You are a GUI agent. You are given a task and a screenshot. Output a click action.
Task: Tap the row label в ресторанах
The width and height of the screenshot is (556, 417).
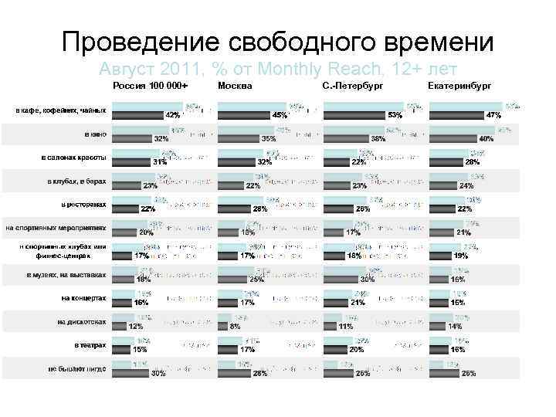[83, 205]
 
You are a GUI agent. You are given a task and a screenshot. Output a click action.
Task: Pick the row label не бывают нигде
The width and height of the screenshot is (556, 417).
[76, 368]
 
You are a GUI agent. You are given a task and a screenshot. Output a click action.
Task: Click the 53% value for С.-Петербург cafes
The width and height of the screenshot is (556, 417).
[395, 115]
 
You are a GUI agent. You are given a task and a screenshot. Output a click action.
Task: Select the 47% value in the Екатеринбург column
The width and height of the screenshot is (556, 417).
[493, 115]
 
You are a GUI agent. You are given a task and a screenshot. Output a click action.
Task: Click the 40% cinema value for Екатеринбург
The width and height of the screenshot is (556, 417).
[486, 139]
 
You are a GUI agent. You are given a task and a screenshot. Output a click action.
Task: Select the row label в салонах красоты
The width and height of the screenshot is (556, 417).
[74, 158]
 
